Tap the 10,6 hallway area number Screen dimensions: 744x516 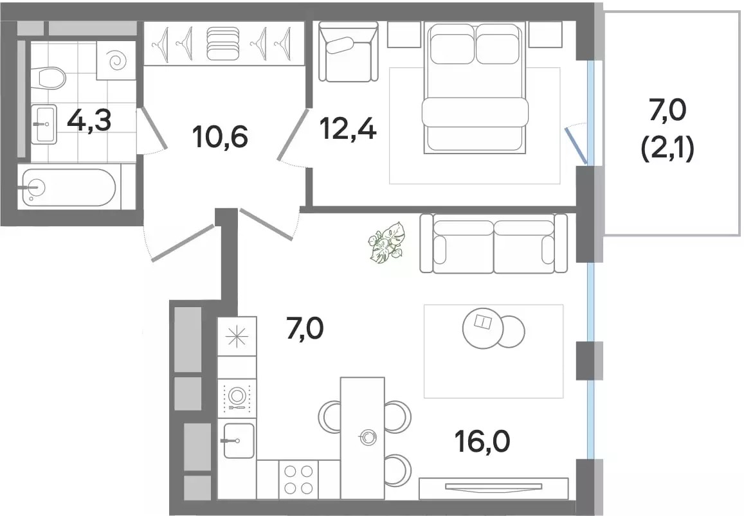(x=221, y=137)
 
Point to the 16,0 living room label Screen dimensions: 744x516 (x=482, y=441)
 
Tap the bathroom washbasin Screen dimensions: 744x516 (x=44, y=124)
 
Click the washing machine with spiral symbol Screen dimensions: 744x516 (x=116, y=60)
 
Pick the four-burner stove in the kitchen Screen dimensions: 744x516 (x=298, y=479)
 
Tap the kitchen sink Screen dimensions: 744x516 (x=238, y=441)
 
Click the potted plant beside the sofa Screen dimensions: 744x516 (x=386, y=242)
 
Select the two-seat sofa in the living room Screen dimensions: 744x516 (x=493, y=244)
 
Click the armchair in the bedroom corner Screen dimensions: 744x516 (x=348, y=51)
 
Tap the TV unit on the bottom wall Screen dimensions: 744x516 (x=493, y=488)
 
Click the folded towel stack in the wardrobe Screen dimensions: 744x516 (x=224, y=44)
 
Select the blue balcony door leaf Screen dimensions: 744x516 (x=576, y=145)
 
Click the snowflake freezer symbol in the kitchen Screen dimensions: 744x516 (x=237, y=336)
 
